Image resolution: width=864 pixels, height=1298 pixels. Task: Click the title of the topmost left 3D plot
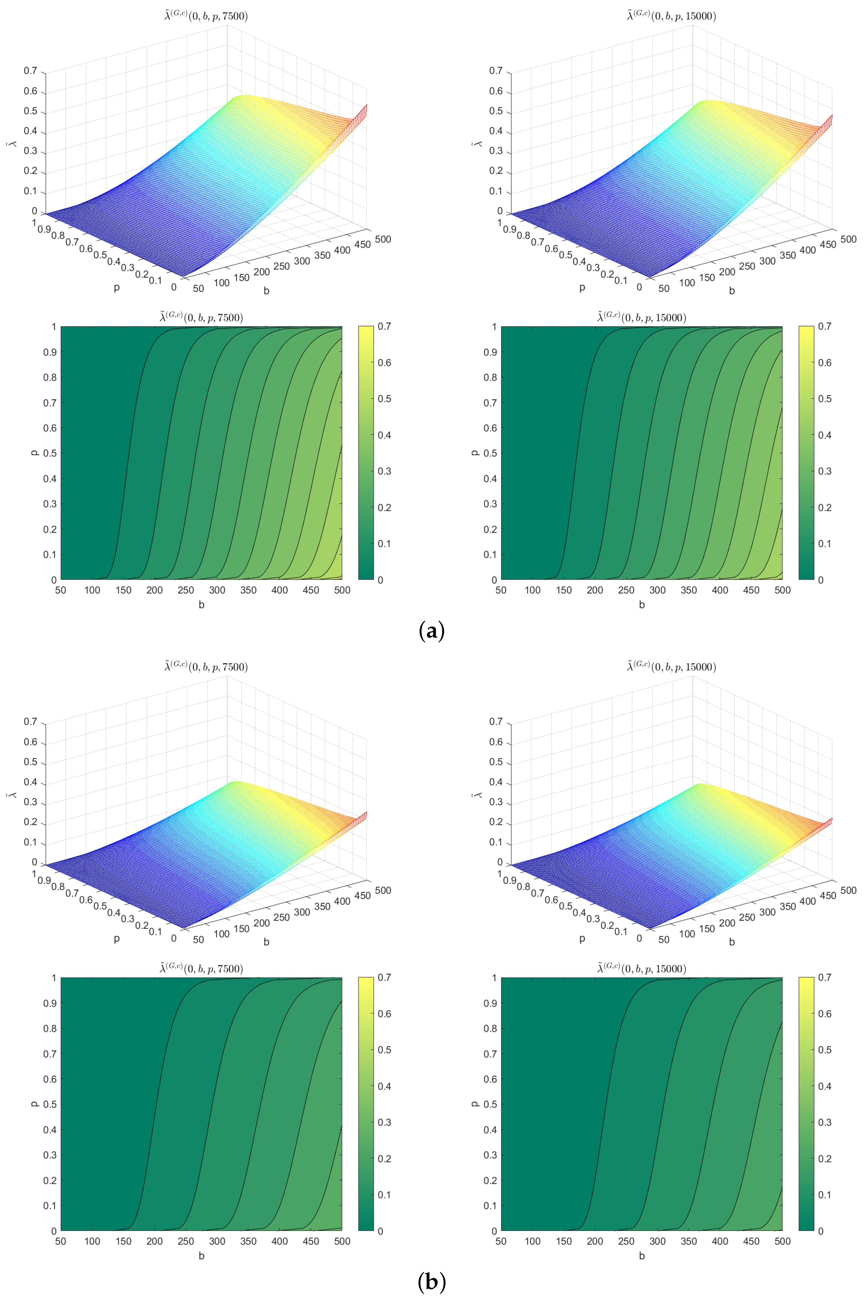(x=206, y=16)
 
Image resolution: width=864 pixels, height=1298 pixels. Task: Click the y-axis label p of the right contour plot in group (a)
(x=474, y=453)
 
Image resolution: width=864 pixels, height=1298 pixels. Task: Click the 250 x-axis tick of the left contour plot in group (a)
(x=186, y=590)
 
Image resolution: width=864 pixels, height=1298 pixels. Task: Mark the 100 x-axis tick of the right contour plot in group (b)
(x=532, y=1241)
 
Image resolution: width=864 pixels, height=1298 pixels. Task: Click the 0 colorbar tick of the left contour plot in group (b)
(x=380, y=1231)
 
